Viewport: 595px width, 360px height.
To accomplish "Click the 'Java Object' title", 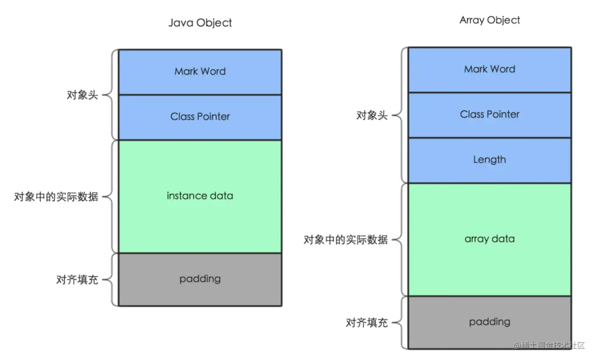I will tap(200, 23).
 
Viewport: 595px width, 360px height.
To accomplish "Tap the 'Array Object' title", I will tap(489, 20).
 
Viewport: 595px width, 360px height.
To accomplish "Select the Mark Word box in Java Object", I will tap(200, 72).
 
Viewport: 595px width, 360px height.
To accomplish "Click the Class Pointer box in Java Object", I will tap(200, 117).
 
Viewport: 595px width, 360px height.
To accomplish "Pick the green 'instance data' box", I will tap(200, 196).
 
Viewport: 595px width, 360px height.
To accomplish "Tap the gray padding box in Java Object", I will tap(200, 279).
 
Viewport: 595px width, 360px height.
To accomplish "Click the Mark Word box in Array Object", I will tap(489, 70).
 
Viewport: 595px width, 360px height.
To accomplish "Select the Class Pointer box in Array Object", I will tap(489, 115).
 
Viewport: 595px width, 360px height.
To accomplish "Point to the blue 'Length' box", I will tap(489, 160).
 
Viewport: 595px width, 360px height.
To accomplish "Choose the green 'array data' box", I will tap(489, 239).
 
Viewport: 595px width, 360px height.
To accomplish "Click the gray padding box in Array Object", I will tap(489, 322).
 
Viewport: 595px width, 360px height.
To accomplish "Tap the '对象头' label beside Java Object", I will tap(82, 95).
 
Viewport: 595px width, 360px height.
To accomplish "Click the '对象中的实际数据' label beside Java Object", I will tap(56, 197).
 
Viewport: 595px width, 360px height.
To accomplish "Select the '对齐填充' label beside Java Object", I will tap(77, 280).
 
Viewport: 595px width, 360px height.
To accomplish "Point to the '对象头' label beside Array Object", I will tap(372, 116).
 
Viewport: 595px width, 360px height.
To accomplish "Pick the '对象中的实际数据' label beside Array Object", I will tap(345, 240).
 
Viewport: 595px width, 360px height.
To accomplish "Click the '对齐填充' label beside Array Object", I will tap(367, 322).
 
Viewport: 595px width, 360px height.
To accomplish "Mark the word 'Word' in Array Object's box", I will tap(503, 70).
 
